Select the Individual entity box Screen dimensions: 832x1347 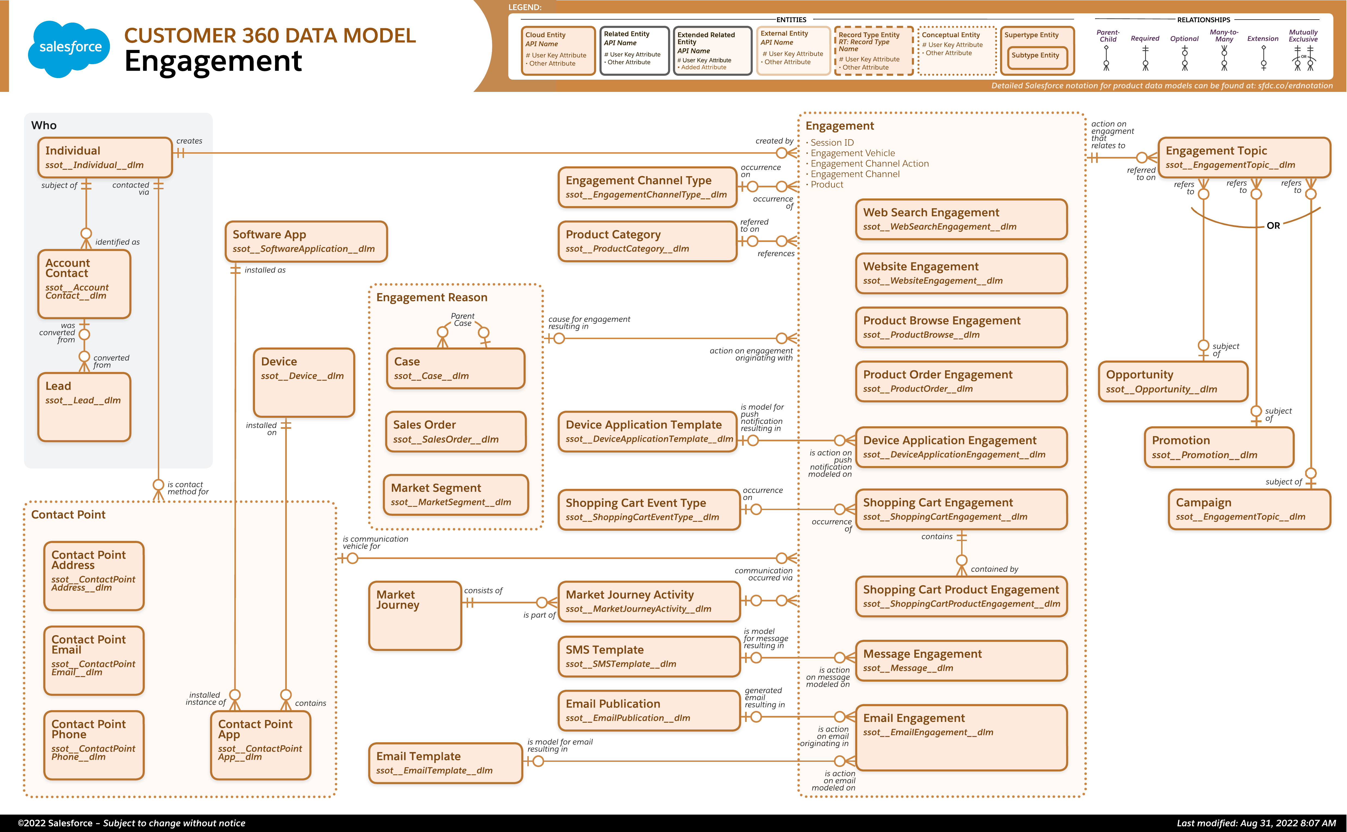click(105, 157)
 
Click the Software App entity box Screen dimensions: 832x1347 click(306, 241)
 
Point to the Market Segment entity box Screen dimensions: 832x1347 click(456, 495)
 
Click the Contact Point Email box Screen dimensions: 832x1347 click(94, 660)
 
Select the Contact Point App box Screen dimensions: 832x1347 click(260, 745)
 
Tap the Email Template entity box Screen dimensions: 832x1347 click(445, 763)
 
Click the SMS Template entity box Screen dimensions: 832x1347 click(649, 656)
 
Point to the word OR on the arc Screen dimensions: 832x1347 click(1273, 226)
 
